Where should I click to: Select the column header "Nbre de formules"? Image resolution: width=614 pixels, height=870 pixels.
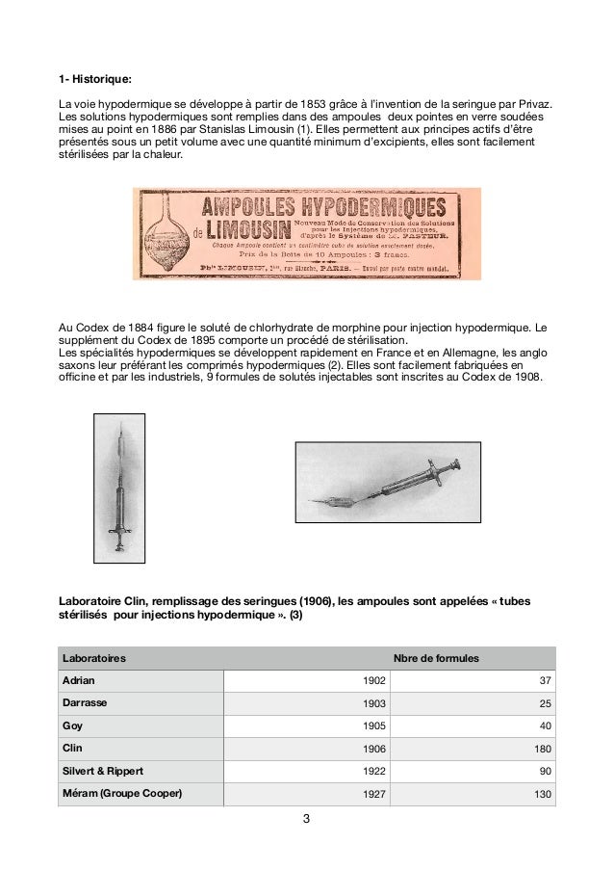(437, 658)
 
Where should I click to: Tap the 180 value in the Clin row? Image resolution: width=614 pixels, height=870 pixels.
(541, 750)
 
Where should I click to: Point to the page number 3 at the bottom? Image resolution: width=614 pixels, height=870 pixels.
(306, 821)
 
